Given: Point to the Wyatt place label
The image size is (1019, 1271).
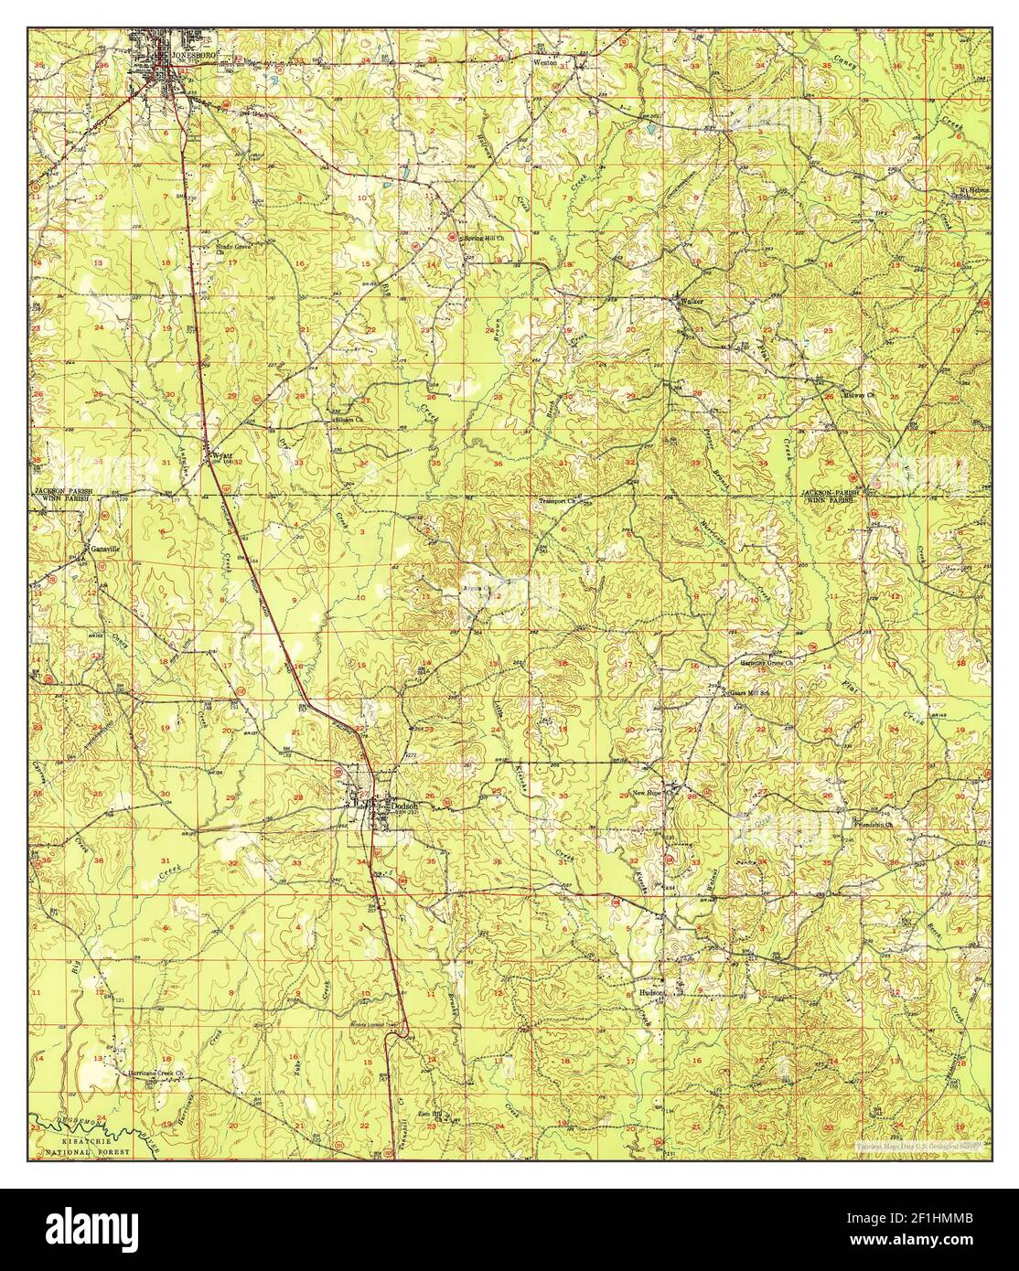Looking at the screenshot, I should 224,454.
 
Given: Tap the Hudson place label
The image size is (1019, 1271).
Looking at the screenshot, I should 651,990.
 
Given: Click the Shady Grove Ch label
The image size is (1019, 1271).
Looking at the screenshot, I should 232,246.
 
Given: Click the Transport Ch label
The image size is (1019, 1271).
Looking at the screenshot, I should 560,501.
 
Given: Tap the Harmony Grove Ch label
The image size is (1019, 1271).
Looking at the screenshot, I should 770,663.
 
